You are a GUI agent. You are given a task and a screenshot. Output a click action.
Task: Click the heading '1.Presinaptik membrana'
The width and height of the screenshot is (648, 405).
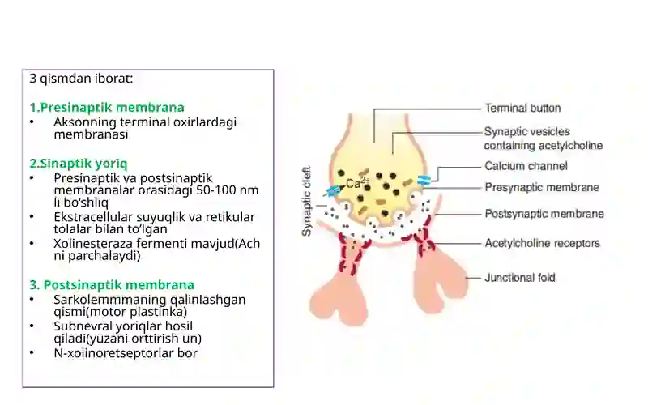tap(107, 108)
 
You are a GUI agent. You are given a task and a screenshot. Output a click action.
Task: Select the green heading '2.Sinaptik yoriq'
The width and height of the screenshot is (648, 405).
tap(78, 164)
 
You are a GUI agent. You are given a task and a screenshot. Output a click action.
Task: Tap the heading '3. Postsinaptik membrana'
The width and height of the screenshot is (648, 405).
tap(112, 285)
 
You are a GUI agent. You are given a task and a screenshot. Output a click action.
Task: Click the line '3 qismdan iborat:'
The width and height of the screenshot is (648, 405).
tap(81, 78)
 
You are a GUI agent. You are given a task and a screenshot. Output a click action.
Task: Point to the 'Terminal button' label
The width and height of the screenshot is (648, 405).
tap(522, 109)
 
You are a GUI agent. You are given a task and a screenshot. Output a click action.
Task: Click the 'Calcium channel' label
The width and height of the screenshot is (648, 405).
tap(526, 166)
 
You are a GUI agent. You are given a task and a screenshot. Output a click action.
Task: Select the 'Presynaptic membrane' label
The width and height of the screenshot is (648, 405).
tap(542, 188)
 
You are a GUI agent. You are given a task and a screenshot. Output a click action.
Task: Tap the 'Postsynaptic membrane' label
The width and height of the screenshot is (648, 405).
tap(544, 214)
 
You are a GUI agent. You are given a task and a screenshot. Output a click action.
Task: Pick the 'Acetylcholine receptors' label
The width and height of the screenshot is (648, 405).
tap(542, 244)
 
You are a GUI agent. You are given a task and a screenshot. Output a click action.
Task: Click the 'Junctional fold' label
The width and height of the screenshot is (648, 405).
tap(520, 278)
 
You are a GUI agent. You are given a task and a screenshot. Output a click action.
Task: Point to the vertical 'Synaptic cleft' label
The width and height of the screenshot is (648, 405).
tap(307, 201)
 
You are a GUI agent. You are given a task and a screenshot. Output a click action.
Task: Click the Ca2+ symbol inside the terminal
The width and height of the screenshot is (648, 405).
tap(357, 183)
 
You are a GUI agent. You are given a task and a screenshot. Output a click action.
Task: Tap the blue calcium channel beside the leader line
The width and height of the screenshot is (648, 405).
tap(424, 180)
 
